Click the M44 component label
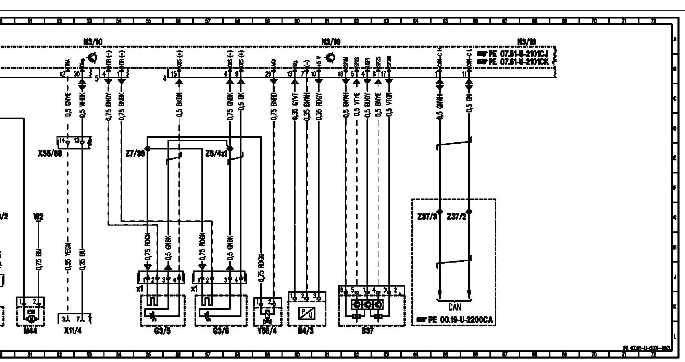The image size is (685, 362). [30, 331]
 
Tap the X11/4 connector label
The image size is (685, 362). [73, 331]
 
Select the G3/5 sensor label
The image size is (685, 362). [163, 331]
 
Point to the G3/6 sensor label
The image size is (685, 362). [221, 331]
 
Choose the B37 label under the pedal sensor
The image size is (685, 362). [368, 331]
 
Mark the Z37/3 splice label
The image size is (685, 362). [427, 217]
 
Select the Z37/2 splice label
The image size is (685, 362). [457, 217]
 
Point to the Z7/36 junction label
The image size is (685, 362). [135, 154]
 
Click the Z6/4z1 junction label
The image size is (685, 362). [216, 154]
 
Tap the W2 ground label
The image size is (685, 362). [38, 217]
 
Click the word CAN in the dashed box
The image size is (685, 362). [454, 307]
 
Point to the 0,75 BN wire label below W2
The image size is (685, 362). [39, 258]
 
